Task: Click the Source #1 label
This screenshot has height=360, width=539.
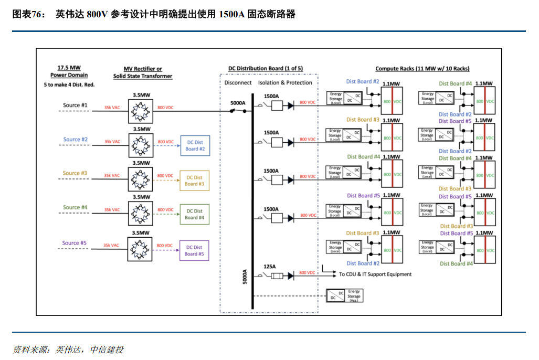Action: click(x=75, y=105)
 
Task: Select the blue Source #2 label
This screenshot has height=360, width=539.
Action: click(x=75, y=140)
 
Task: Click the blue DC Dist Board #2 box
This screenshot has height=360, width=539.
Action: click(x=195, y=145)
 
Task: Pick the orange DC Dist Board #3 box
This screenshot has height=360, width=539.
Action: click(x=194, y=181)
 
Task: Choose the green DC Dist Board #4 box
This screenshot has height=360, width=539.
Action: click(x=194, y=214)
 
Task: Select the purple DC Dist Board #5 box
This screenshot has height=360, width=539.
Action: click(x=194, y=251)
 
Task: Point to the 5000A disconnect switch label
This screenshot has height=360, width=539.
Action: click(x=238, y=103)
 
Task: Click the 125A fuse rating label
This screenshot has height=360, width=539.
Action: click(x=270, y=267)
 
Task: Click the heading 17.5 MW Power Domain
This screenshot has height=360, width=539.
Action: click(x=69, y=71)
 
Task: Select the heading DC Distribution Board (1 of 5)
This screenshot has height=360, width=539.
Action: click(x=265, y=69)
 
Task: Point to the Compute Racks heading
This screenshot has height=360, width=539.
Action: click(x=422, y=69)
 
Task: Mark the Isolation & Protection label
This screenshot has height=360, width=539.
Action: click(x=285, y=82)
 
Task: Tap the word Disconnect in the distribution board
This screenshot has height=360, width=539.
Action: click(x=238, y=82)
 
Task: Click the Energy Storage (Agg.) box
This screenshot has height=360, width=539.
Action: click(x=344, y=296)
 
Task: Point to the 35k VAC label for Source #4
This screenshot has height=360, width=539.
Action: click(x=112, y=210)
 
